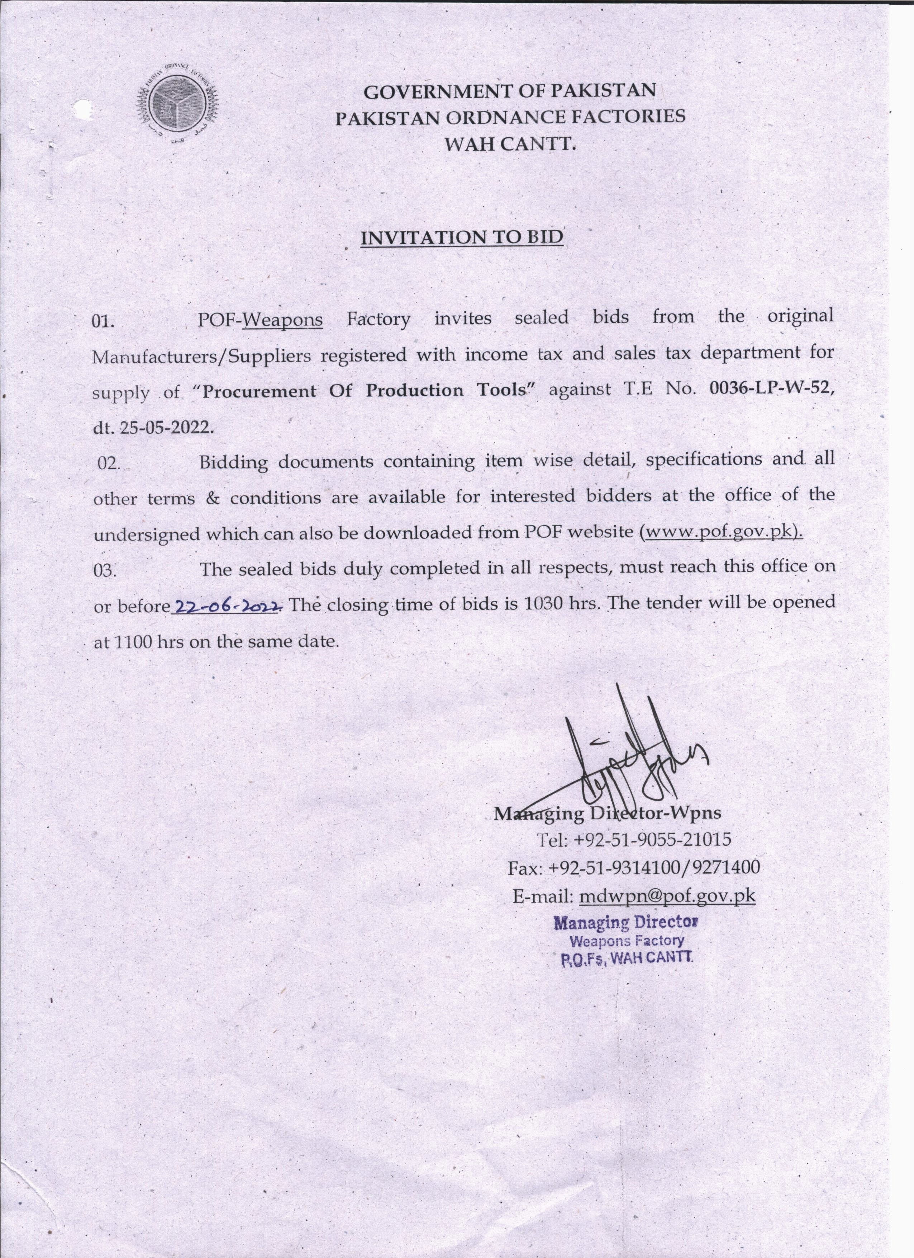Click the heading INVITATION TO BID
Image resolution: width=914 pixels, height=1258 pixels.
(x=462, y=237)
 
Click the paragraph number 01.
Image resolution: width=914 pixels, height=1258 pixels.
(x=103, y=322)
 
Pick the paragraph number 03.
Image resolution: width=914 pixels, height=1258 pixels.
(x=105, y=570)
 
